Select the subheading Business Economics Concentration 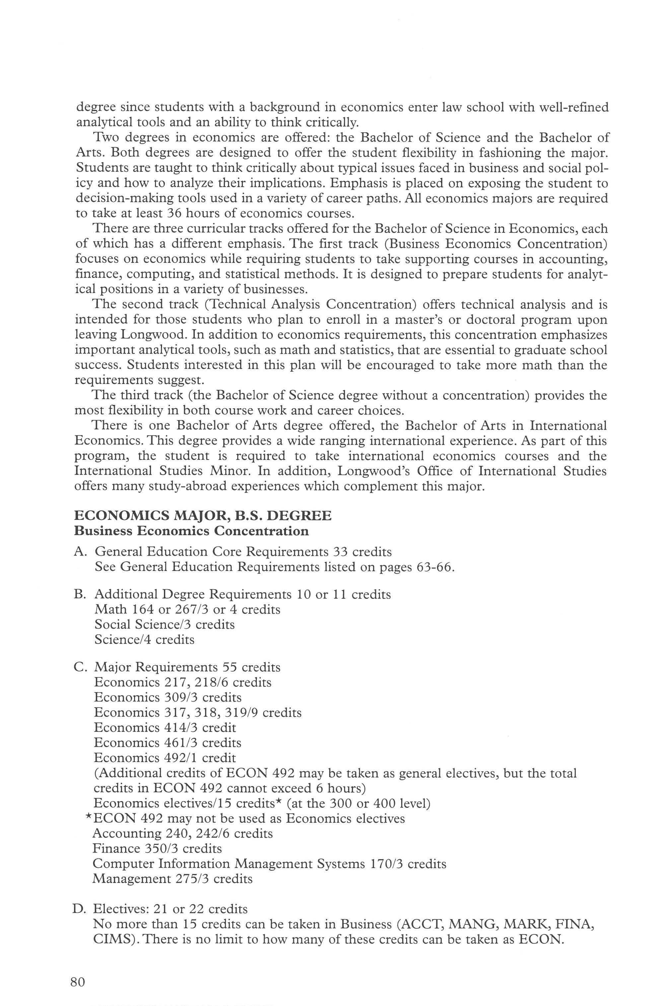pos(191,531)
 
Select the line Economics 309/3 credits pos(168,697)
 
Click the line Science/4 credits pos(144,640)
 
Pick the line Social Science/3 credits pos(165,625)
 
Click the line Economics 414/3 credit pos(165,728)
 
